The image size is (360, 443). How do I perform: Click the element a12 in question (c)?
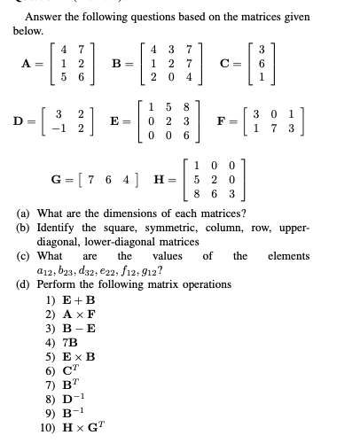(x=38, y=271)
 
